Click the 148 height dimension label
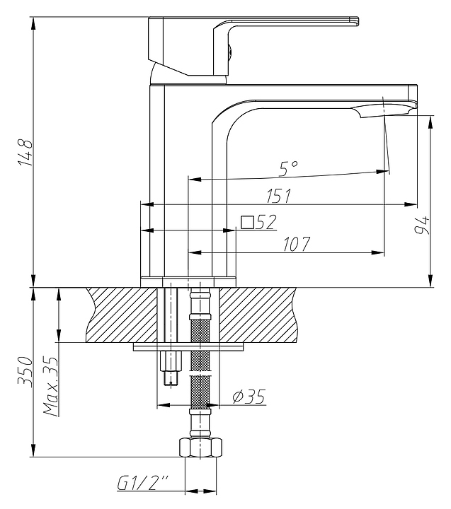pyautogui.click(x=25, y=153)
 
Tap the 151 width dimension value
pyautogui.click(x=279, y=196)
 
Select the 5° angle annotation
pyautogui.click(x=288, y=169)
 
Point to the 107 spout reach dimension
pyautogui.click(x=297, y=244)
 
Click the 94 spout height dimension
pyautogui.click(x=422, y=225)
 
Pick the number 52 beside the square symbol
pyautogui.click(x=266, y=222)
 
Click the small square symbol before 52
pyautogui.click(x=248, y=223)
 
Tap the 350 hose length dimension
pyautogui.click(x=25, y=372)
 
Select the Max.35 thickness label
pyautogui.click(x=51, y=387)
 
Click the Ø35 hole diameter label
pyautogui.click(x=249, y=397)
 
